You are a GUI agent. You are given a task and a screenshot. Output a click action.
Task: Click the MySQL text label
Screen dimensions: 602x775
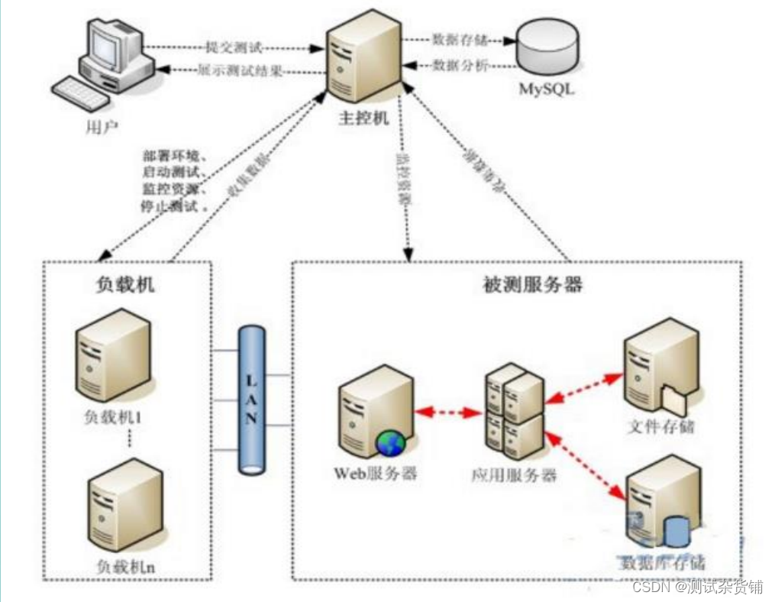click(x=547, y=89)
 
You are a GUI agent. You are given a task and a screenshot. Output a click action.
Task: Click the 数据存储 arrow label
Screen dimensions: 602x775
click(x=459, y=38)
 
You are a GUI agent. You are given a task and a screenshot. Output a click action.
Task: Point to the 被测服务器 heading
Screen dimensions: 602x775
click(x=533, y=285)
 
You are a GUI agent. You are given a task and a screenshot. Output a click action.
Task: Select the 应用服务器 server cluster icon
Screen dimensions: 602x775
click(x=515, y=411)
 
